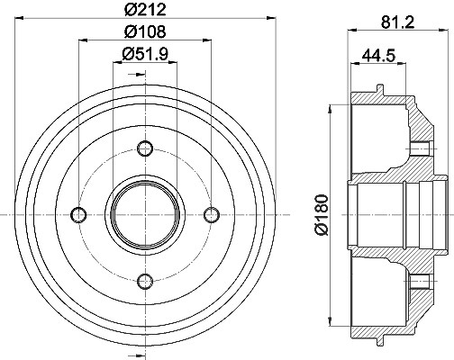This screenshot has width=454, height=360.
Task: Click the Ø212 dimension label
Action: [x=145, y=9]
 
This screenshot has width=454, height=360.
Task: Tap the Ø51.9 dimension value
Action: [x=145, y=54]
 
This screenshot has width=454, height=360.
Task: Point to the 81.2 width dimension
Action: [x=398, y=22]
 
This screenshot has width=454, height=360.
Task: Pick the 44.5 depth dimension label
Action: [x=378, y=56]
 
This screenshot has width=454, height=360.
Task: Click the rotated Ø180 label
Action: [x=321, y=215]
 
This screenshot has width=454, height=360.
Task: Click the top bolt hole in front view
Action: [x=145, y=148]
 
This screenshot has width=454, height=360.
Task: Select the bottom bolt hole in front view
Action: [x=145, y=281]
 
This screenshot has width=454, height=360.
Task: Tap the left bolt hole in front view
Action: [x=78, y=215]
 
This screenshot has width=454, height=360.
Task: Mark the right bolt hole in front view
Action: [x=212, y=215]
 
